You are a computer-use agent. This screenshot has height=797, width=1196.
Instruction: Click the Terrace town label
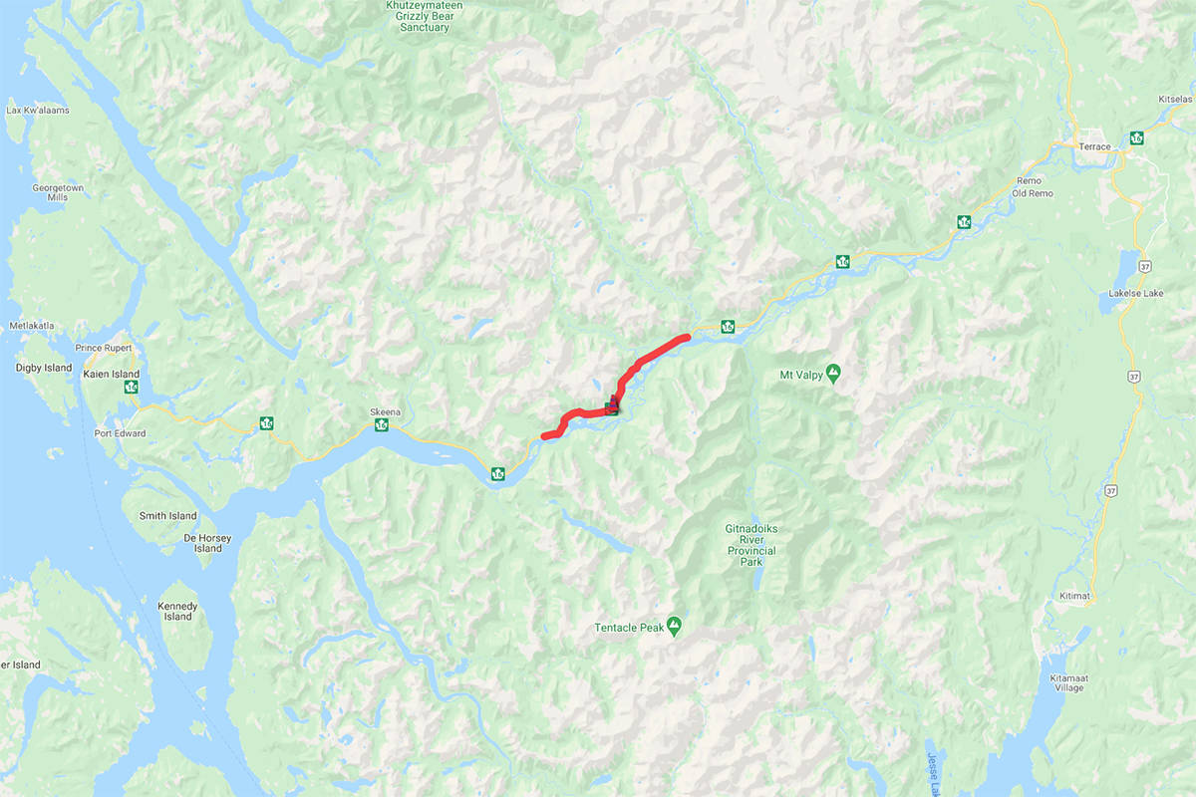(1094, 146)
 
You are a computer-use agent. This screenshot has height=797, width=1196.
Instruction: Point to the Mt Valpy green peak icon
(833, 374)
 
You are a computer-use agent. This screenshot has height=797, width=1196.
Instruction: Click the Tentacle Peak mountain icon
(675, 625)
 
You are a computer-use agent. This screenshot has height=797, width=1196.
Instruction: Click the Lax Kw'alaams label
(35, 111)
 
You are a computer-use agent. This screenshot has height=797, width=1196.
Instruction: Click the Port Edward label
(120, 433)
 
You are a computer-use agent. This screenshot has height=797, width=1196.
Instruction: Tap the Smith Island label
(168, 516)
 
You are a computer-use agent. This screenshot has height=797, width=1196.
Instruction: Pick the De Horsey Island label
(208, 543)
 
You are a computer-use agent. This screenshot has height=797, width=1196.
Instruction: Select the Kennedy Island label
(177, 611)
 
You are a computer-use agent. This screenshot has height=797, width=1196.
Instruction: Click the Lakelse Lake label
(1136, 294)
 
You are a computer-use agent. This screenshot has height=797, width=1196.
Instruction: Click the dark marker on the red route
(612, 403)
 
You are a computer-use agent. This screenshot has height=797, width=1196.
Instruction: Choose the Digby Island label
(44, 368)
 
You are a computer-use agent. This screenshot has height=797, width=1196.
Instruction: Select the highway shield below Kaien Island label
(131, 388)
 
